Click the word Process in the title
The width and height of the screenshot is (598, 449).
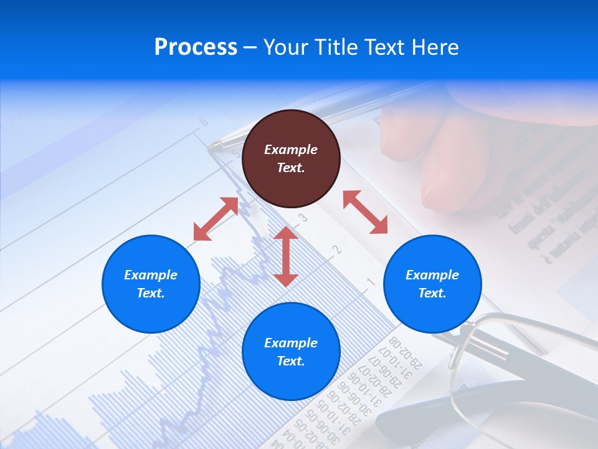point(196,47)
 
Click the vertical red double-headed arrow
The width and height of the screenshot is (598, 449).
point(286,256)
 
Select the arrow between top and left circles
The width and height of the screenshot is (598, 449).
point(216,218)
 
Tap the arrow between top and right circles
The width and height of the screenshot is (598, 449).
point(366,213)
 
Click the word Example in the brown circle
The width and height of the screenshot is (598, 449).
point(291,150)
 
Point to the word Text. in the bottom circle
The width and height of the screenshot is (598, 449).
point(291,361)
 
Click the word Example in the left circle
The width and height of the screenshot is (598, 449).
point(151,275)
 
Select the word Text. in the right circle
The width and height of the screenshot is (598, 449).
point(432,293)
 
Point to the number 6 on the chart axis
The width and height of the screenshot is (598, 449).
point(204,122)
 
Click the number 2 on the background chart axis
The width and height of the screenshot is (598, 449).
point(337,250)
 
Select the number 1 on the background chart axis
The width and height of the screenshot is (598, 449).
point(370,282)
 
